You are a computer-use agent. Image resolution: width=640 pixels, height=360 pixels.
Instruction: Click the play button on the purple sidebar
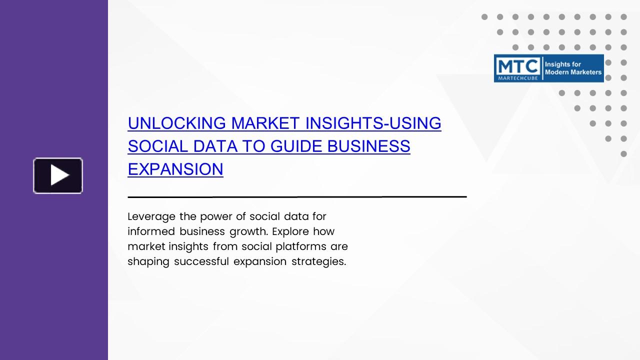[x=58, y=175]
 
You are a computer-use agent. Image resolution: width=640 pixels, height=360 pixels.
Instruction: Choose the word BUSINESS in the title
[x=368, y=146]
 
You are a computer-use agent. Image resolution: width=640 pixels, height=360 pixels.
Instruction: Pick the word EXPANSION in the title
[x=175, y=169]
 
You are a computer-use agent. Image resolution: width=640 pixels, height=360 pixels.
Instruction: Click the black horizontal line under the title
[x=297, y=197]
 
